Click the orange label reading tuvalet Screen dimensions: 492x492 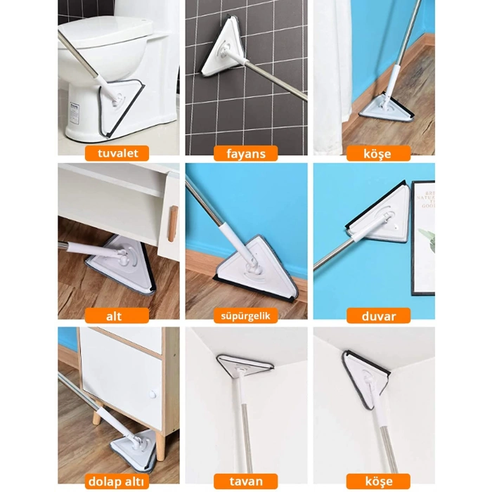tap(117, 153)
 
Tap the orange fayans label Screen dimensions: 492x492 tap(246, 153)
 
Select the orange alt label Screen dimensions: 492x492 tap(117, 316)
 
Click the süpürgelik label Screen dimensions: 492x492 tap(246, 316)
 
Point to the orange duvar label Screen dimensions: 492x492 tap(378, 316)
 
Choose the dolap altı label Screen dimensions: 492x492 tap(117, 481)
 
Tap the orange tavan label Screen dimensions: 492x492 tap(246, 481)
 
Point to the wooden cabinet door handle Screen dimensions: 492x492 tap(172, 224)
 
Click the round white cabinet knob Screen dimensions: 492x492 tap(153, 394)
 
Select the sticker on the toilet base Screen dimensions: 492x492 tap(75, 113)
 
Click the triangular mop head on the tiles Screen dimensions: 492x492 tap(224, 49)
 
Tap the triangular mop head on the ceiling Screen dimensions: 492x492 tap(245, 365)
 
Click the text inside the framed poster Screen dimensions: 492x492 tap(426, 199)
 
